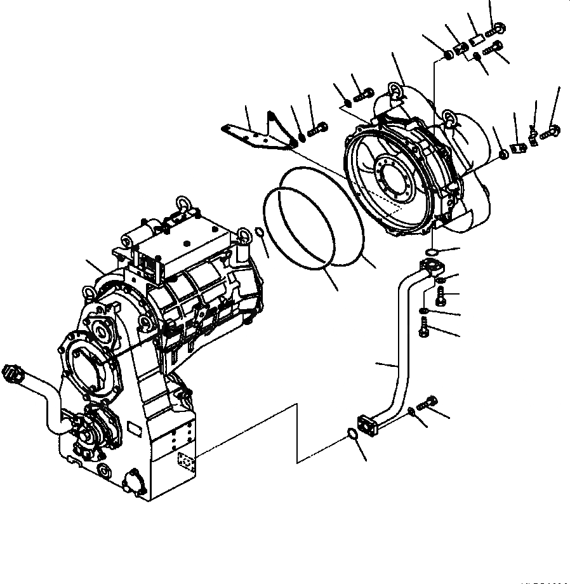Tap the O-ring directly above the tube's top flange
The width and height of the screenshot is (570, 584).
click(x=430, y=250)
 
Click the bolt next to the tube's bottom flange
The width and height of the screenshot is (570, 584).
click(x=428, y=401)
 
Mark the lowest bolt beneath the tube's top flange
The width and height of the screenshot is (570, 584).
click(x=425, y=329)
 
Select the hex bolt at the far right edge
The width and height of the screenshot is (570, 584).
click(x=552, y=131)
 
